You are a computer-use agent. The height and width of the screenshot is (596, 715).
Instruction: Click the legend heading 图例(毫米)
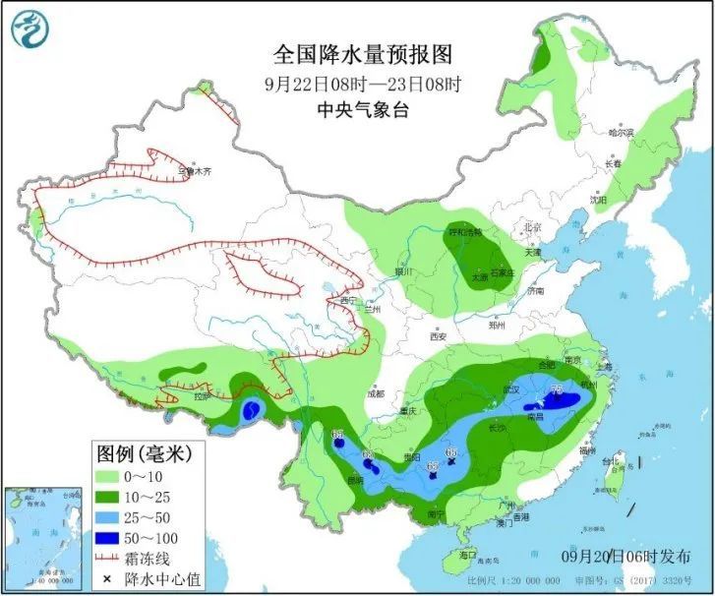(144, 453)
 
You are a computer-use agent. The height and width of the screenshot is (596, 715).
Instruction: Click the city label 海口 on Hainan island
(481, 556)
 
